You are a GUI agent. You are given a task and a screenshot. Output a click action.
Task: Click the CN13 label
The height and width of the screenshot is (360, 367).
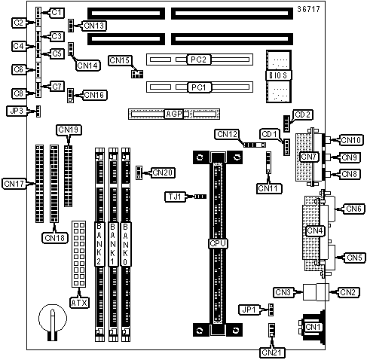(x=94, y=26)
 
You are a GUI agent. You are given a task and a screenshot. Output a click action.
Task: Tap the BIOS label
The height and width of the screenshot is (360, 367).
(x=278, y=75)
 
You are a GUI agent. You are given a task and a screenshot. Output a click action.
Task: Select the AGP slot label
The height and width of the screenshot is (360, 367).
(x=174, y=114)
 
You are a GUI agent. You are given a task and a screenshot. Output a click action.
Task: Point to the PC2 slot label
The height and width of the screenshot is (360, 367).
(x=198, y=59)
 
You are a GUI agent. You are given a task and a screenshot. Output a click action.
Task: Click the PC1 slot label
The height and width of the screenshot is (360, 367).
(x=198, y=87)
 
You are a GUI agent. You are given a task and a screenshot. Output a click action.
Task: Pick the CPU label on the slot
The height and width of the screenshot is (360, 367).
(x=218, y=243)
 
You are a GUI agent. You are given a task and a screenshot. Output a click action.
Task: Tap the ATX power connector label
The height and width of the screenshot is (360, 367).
(x=79, y=303)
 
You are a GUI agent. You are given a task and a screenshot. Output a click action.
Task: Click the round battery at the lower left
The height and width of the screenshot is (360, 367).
(x=53, y=319)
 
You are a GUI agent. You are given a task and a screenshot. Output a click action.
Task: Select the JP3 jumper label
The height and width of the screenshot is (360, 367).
(x=17, y=111)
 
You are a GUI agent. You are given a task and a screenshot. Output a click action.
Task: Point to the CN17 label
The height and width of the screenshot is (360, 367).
(x=14, y=184)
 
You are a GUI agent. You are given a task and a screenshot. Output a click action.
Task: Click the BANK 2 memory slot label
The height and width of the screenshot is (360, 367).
(x=99, y=244)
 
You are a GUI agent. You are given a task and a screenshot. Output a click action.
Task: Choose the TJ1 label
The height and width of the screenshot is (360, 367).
(x=175, y=197)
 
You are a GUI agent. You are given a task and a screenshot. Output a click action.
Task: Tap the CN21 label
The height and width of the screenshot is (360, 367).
(x=272, y=352)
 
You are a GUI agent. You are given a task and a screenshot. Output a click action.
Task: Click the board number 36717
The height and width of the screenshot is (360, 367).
(x=308, y=9)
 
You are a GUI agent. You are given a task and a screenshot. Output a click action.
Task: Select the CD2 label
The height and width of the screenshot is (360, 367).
(x=303, y=115)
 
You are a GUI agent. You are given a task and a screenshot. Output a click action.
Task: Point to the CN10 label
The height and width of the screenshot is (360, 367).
(x=351, y=140)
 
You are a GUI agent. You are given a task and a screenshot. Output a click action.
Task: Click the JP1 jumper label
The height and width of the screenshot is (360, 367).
(x=249, y=310)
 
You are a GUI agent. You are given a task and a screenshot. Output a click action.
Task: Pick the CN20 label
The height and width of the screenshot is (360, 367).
(x=163, y=172)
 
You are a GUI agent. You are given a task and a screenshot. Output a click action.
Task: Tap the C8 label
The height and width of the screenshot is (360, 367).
(x=18, y=93)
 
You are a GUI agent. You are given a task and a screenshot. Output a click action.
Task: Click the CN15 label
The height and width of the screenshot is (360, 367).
(x=120, y=60)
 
